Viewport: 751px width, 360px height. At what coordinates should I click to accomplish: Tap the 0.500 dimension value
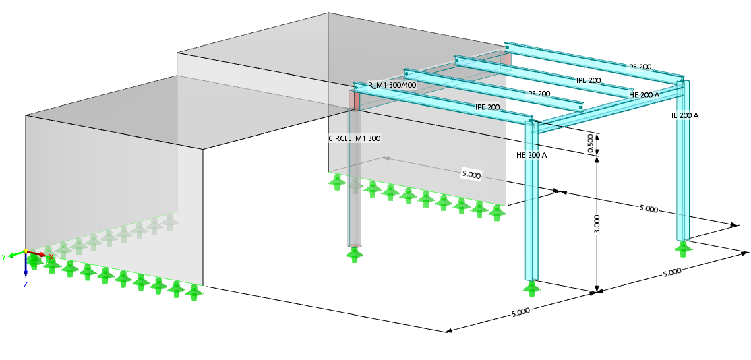[x=591, y=144]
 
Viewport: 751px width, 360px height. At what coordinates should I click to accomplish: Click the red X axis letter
[x=51, y=257]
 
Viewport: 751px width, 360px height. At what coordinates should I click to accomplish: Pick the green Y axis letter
[x=3, y=257]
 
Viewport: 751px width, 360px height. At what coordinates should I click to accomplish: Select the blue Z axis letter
[x=25, y=284]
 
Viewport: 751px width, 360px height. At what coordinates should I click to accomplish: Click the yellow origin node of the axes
[x=25, y=251]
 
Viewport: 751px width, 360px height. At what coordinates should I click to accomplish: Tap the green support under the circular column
[x=353, y=255]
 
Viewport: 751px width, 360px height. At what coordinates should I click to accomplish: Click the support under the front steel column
[x=532, y=289]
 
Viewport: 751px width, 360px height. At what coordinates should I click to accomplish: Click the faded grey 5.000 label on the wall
[x=471, y=175]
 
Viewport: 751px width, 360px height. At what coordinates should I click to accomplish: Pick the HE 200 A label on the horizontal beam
[x=644, y=95]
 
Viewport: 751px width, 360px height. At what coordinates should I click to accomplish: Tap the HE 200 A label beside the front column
[x=531, y=155]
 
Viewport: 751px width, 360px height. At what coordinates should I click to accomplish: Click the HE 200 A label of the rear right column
[x=683, y=115]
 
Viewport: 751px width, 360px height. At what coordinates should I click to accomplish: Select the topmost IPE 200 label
[x=639, y=67]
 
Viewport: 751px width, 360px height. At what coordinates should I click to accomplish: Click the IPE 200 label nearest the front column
[x=488, y=107]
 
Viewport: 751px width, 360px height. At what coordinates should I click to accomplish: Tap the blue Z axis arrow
[x=25, y=267]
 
